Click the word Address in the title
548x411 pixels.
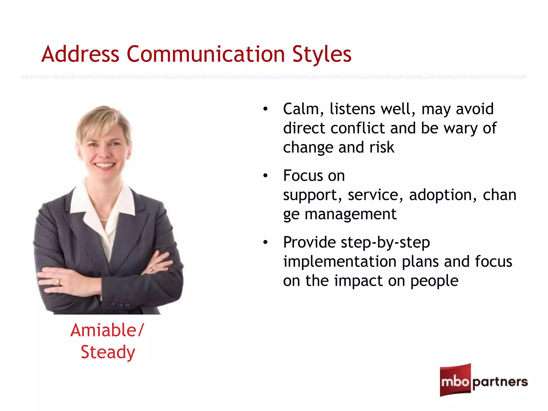[x=80, y=54]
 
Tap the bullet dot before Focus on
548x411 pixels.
[x=265, y=176]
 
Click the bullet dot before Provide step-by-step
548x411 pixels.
[x=265, y=242]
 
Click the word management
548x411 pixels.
[x=351, y=214]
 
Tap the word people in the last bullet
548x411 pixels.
[x=434, y=281]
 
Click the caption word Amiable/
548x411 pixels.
[x=107, y=330]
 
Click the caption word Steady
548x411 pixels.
[x=108, y=352]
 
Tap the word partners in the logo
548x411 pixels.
[x=500, y=382]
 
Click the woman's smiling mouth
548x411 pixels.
[x=105, y=165]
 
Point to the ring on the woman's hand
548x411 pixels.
[x=58, y=282]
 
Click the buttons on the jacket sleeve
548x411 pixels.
[x=120, y=305]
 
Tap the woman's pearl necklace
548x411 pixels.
[x=104, y=220]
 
